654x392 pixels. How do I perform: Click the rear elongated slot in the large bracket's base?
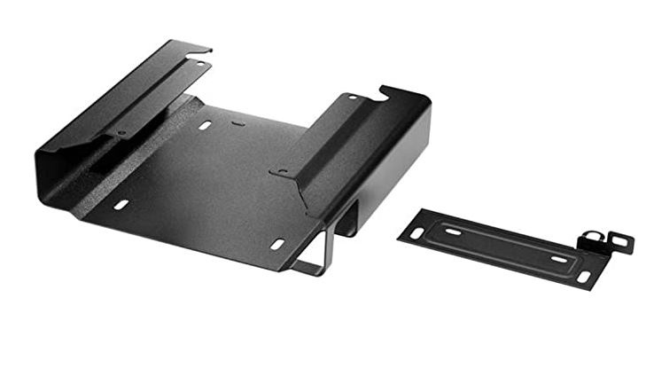pos(205,125)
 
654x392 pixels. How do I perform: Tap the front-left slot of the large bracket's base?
pos(121,205)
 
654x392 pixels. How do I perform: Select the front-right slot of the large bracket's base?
pos(277,244)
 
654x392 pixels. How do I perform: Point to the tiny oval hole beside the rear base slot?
pos(238,123)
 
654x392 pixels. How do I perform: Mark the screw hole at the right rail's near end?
pos(283,171)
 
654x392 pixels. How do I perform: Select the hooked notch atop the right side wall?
pos(386,90)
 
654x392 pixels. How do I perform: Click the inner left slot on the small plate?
pos(452,232)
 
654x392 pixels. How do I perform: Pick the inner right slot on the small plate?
pos(559,260)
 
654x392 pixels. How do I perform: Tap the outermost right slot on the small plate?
pos(584,277)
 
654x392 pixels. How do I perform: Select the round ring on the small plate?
pos(591,238)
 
